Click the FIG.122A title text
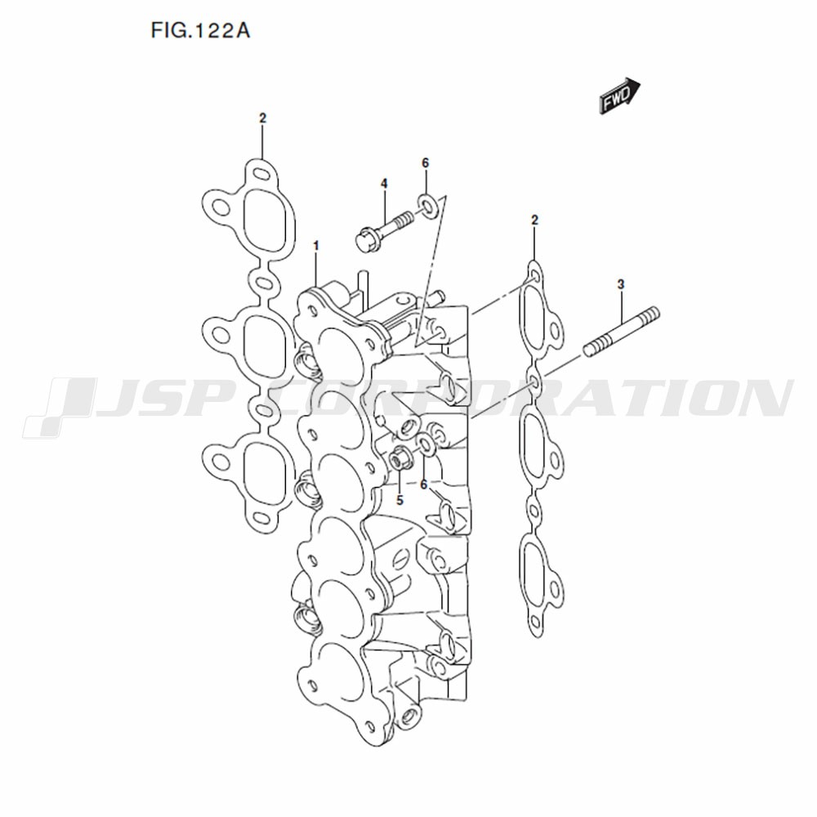click(201, 31)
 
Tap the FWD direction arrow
click(620, 96)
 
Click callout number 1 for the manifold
click(315, 245)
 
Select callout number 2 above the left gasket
click(262, 118)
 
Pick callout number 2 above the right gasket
click(534, 220)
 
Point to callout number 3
click(621, 284)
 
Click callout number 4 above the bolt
click(384, 183)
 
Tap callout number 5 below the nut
click(400, 500)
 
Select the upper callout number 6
click(425, 163)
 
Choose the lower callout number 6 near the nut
click(423, 484)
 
